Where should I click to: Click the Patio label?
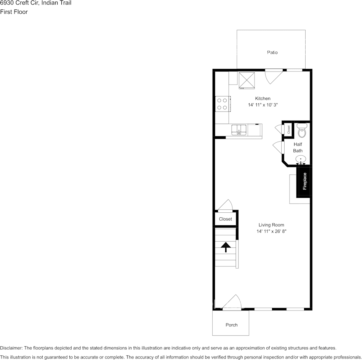tap(272, 53)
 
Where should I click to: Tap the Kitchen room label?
tap(263, 99)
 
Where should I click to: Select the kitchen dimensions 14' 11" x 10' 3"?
tap(263, 105)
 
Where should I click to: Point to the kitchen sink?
tap(239, 130)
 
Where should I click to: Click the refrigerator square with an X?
tap(247, 80)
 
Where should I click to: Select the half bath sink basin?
tap(301, 159)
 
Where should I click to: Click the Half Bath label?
tap(298, 148)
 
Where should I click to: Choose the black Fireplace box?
tap(305, 182)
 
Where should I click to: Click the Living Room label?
tap(271, 225)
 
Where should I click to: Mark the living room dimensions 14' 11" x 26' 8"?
tap(271, 231)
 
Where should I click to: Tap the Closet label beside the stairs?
tap(225, 219)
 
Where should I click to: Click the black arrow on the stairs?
tap(226, 247)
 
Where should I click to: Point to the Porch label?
tap(231, 325)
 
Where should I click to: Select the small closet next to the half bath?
tap(288, 129)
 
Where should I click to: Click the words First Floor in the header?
tap(14, 12)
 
